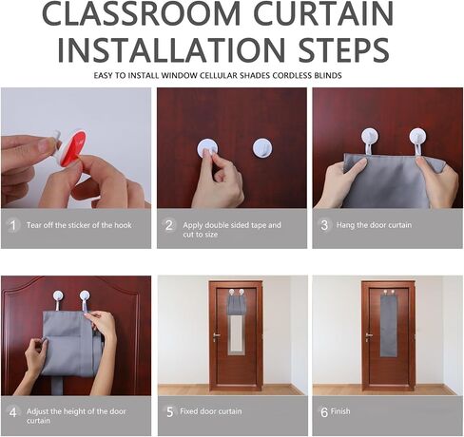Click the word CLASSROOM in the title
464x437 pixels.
click(141, 13)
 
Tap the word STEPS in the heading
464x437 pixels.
click(344, 49)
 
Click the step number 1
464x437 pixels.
click(12, 225)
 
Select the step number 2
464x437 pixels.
click(169, 225)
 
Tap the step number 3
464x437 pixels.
click(324, 225)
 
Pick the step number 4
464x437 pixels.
click(13, 412)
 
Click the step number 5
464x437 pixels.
click(170, 411)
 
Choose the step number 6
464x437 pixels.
click(324, 412)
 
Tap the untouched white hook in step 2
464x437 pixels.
click(262, 147)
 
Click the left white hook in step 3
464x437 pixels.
click(369, 140)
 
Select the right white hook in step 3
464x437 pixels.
click(417, 140)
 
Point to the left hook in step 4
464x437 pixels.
click(58, 299)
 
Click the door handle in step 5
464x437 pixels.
click(217, 336)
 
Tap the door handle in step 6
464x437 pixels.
click(369, 336)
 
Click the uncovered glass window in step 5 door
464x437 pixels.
click(236, 334)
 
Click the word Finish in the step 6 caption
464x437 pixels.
click(340, 411)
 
